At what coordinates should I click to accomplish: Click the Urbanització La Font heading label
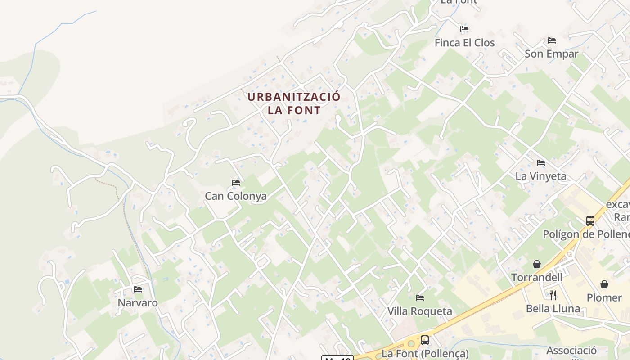tap(294, 103)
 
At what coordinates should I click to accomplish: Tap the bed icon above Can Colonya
tap(236, 183)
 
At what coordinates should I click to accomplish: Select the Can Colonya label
tap(236, 196)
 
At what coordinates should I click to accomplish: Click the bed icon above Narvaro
tap(138, 289)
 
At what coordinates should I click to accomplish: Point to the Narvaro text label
tap(138, 303)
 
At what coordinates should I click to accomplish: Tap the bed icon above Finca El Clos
tap(464, 29)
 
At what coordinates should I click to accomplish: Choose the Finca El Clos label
tap(464, 43)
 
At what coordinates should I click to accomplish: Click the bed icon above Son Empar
tap(552, 40)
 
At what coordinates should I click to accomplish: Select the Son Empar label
tap(552, 54)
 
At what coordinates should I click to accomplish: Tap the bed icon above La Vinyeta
tap(541, 162)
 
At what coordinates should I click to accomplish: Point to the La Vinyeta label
tap(541, 176)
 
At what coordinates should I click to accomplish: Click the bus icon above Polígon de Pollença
tap(590, 221)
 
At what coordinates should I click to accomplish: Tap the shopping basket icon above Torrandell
tap(537, 264)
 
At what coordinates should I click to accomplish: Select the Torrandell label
tap(537, 277)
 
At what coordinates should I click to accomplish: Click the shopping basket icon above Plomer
tap(604, 284)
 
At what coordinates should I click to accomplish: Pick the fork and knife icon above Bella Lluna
tap(553, 295)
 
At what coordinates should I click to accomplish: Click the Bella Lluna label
tap(553, 309)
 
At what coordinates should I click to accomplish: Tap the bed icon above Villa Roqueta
tap(420, 298)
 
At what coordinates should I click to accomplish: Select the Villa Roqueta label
tap(420, 311)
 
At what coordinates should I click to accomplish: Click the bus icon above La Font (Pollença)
tap(425, 340)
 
